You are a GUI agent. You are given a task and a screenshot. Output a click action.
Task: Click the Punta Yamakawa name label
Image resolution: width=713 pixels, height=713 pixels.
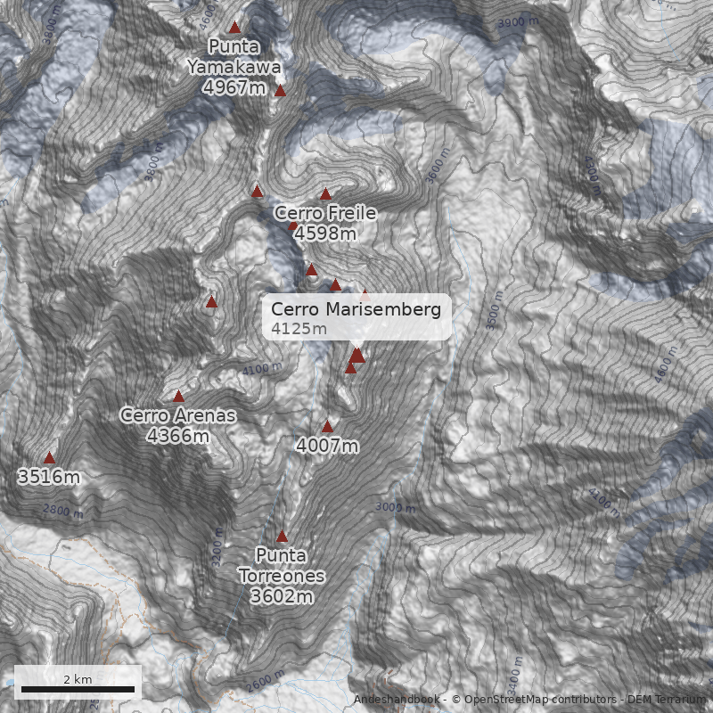234,56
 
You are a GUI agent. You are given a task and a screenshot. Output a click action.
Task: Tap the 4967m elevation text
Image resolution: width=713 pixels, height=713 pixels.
234,87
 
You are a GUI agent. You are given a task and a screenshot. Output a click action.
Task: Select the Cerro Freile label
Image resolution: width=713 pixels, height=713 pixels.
324,213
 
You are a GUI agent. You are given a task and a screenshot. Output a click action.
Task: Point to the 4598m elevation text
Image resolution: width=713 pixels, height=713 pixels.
324,234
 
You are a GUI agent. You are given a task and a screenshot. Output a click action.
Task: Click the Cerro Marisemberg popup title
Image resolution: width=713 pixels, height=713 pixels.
356,309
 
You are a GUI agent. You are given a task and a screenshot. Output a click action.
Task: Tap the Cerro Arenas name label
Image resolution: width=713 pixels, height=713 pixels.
178,415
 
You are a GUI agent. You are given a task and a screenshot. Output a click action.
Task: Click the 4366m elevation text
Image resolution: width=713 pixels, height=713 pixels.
178,436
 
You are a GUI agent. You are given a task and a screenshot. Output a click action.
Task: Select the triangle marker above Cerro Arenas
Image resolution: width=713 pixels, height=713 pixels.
178,397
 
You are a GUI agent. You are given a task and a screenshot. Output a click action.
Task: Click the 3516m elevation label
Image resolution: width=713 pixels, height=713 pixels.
49,477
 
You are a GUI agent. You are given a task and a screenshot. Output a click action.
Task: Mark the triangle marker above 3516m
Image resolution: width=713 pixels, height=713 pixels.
49,457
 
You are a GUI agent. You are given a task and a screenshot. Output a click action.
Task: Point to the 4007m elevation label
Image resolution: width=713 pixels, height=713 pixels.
327,446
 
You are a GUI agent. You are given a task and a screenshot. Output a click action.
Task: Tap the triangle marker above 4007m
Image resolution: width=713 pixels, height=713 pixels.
327,427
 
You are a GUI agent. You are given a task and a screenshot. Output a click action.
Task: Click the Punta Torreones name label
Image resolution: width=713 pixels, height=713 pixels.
282,566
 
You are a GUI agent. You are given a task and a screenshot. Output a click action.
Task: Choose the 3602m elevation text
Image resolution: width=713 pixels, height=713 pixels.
282,596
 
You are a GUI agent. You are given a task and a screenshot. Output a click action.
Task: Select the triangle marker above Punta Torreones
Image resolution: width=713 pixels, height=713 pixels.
283,537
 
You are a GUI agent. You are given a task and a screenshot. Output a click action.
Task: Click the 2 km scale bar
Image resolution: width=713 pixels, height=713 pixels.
78,688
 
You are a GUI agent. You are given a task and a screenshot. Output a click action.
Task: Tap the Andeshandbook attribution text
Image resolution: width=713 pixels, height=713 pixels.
398,700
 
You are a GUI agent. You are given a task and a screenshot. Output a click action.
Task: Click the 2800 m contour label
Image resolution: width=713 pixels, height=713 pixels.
63,512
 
